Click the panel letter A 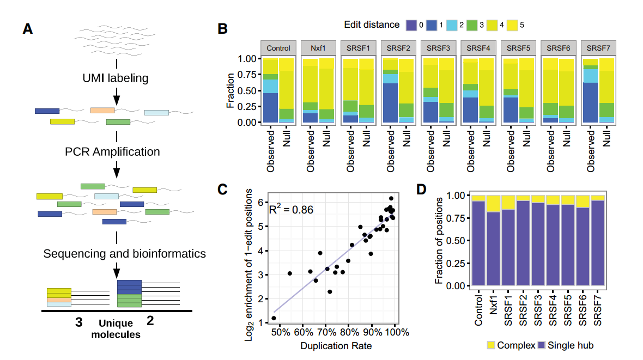[27, 29]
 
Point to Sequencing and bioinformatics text [124, 253]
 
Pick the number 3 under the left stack [78, 322]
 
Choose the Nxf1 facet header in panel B [319, 48]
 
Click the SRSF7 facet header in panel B [598, 48]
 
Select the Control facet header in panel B [278, 48]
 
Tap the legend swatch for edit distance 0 [411, 25]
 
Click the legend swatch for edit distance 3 [472, 25]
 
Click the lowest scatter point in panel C [274, 318]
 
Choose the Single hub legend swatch [542, 345]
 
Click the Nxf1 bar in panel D [493, 248]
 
